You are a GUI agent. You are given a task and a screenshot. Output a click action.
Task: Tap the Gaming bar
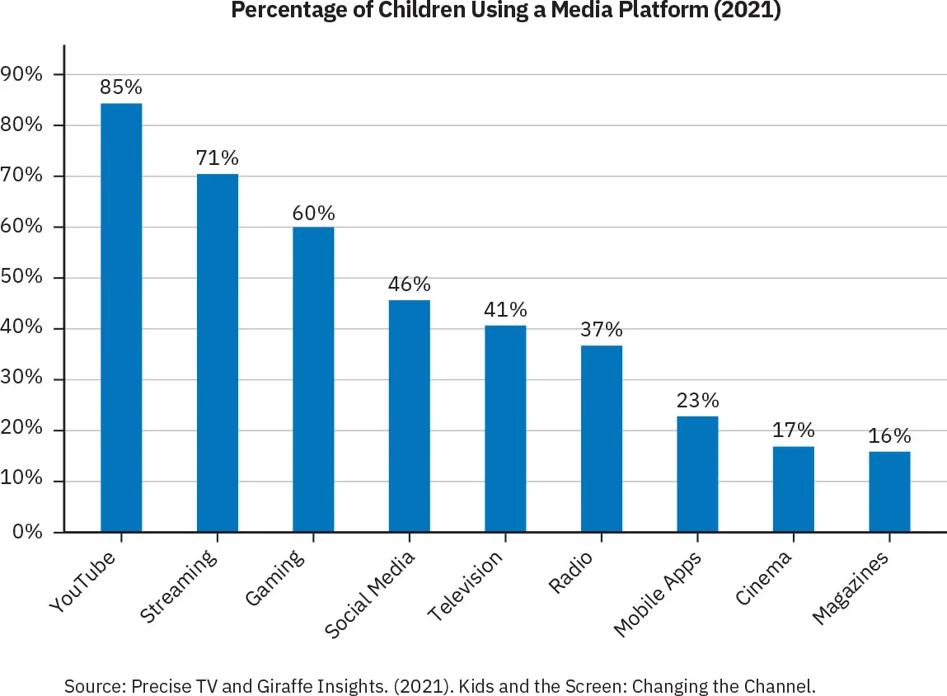click(313, 379)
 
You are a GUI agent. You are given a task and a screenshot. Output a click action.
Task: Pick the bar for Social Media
click(409, 416)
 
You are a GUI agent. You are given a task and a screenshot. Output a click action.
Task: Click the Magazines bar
click(889, 491)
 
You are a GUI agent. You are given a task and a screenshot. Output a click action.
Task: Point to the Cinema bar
click(794, 489)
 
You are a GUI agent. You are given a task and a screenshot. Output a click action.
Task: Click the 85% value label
click(121, 87)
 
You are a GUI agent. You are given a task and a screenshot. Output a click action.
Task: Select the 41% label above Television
click(505, 310)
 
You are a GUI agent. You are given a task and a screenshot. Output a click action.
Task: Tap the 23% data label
click(697, 401)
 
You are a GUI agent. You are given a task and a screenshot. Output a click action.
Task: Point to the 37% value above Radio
click(602, 330)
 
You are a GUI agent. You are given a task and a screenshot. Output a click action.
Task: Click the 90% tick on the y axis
click(22, 75)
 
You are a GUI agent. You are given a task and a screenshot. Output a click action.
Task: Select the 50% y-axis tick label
click(22, 278)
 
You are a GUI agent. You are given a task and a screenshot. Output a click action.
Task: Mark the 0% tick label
click(26, 532)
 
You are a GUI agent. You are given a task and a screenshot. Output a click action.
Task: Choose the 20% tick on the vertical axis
click(22, 430)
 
